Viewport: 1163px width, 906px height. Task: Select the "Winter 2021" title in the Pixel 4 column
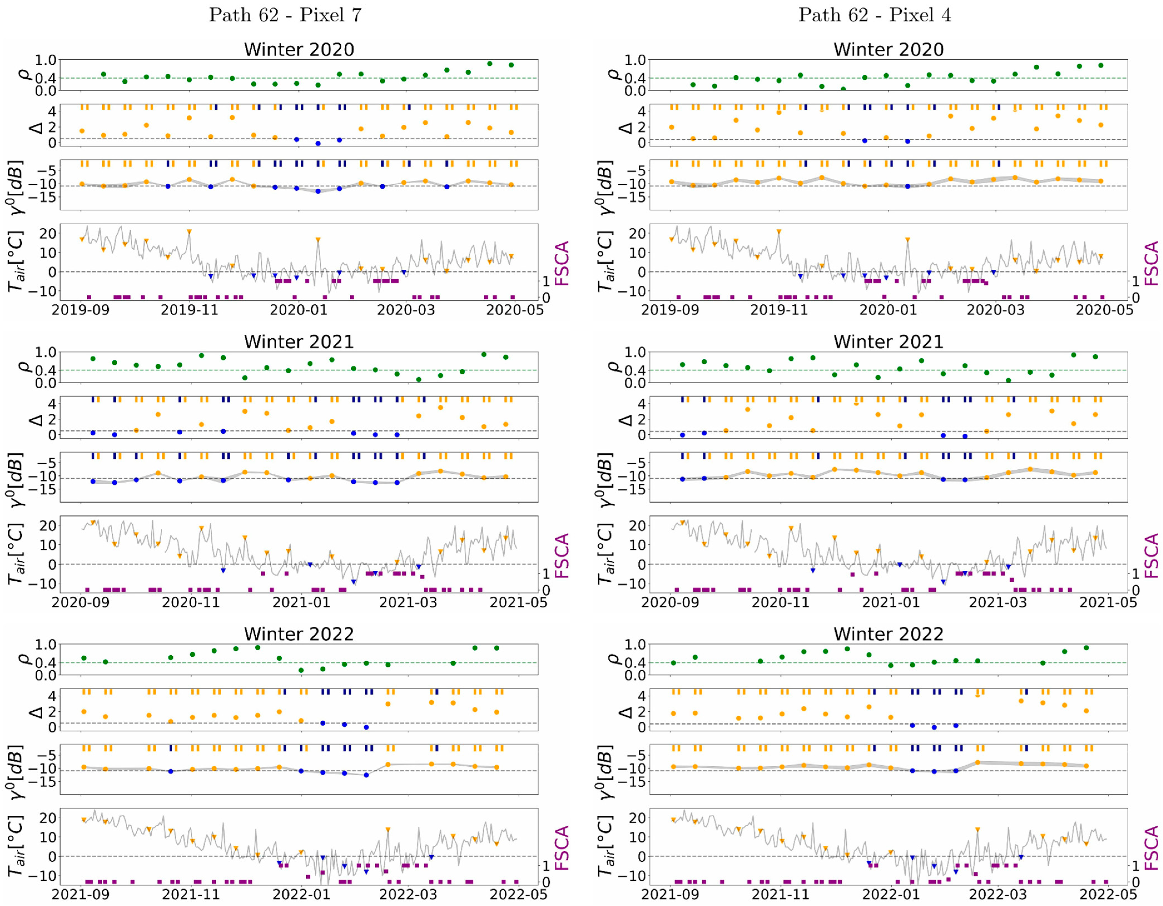point(888,342)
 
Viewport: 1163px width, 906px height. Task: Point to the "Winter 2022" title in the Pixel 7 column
point(299,634)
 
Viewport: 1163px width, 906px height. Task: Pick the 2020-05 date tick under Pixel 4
point(1104,310)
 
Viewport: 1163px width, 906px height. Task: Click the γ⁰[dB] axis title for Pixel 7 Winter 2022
point(16,772)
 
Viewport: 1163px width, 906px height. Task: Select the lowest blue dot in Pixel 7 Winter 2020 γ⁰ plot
point(318,191)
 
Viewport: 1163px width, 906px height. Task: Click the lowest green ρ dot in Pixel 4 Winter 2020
point(843,89)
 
